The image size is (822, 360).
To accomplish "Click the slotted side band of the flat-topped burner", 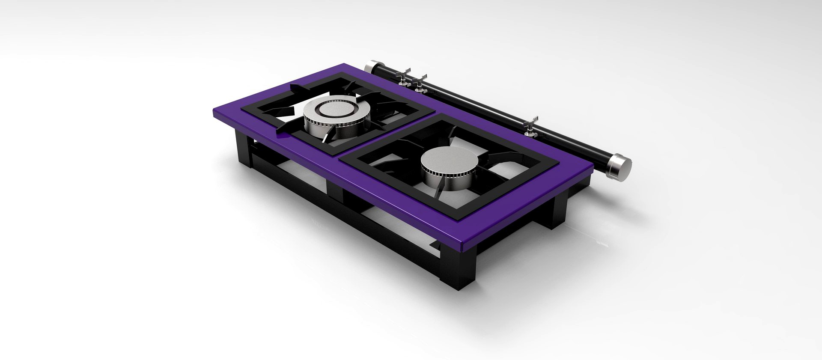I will click(x=445, y=175).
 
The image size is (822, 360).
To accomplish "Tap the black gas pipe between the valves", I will click(x=475, y=103).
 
